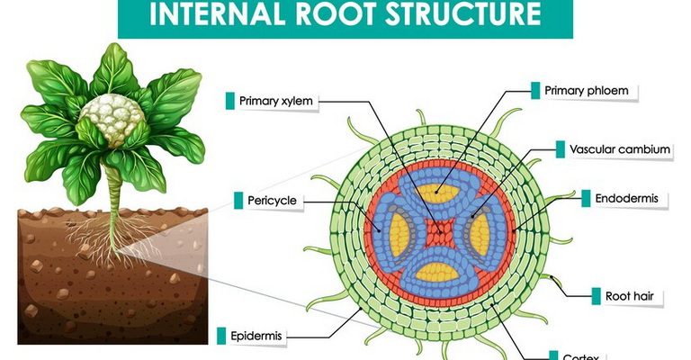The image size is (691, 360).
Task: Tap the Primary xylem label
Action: click(275, 101)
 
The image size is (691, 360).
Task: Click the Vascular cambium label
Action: click(614, 148)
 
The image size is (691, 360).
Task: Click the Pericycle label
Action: click(272, 200)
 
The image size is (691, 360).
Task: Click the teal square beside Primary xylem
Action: click(229, 101)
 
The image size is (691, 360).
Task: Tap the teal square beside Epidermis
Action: click(222, 337)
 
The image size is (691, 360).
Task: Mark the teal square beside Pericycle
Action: click(238, 200)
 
